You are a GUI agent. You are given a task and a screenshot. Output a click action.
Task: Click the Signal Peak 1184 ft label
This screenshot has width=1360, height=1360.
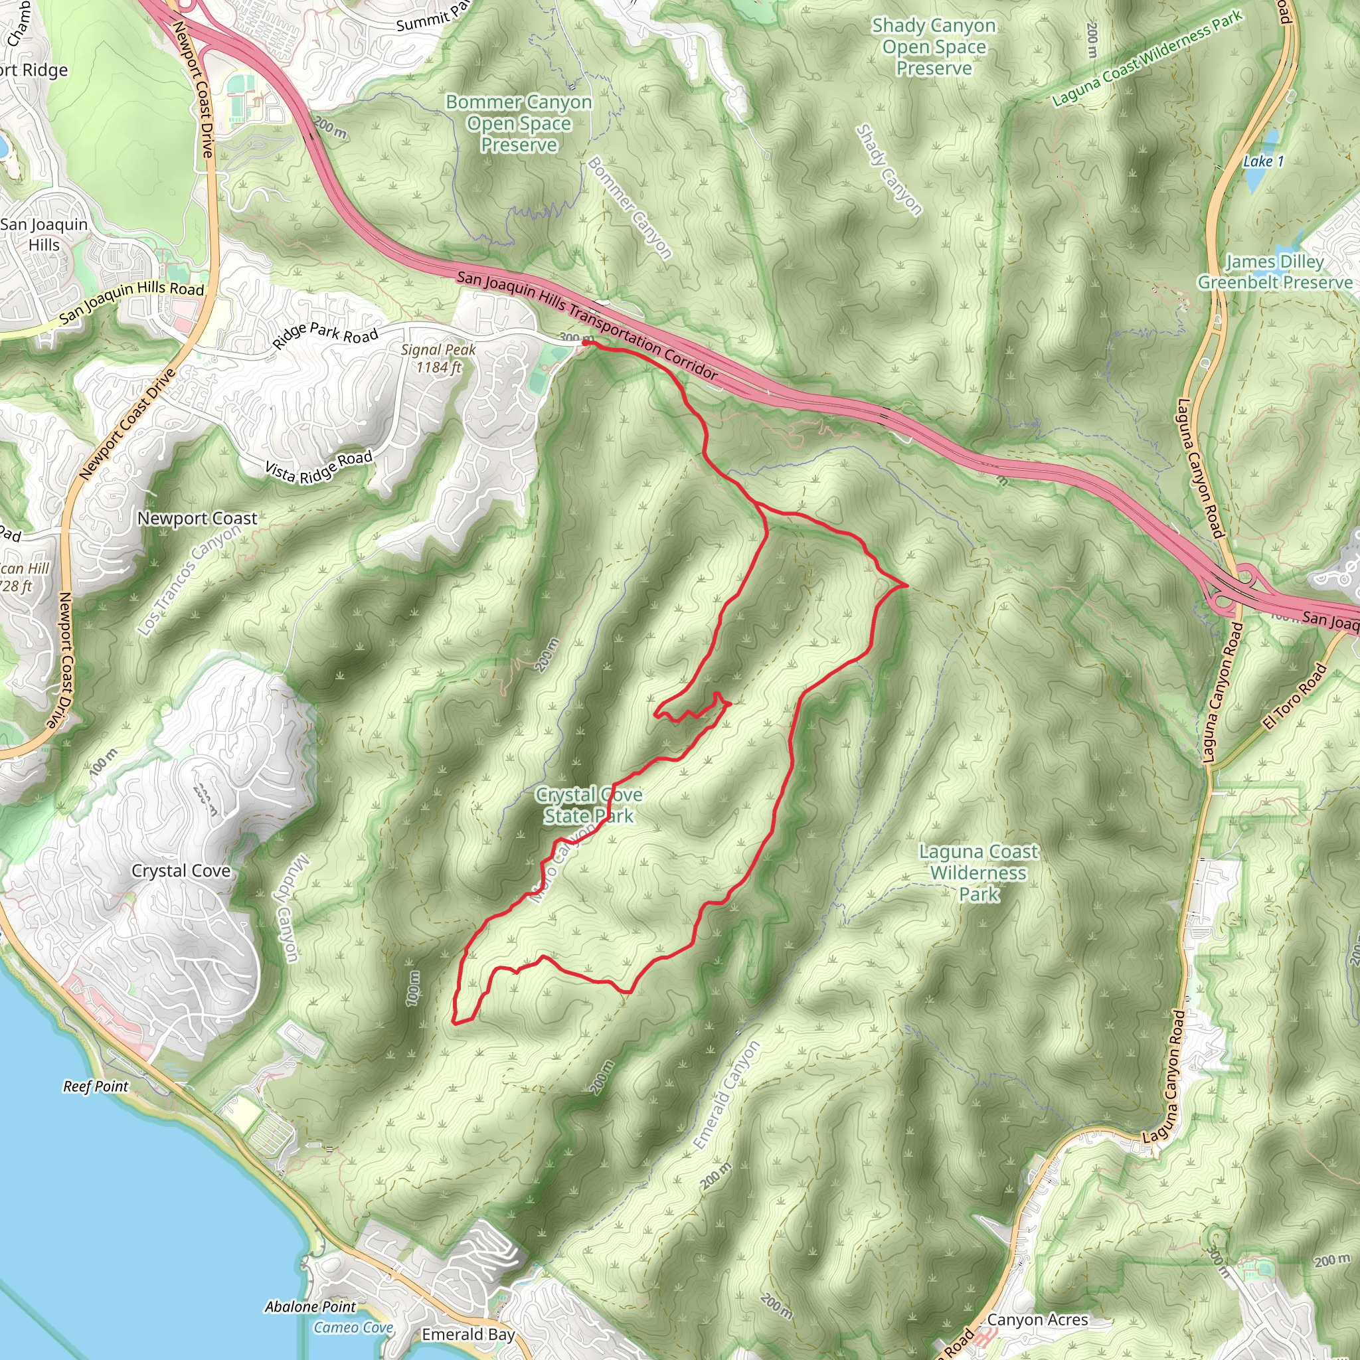tap(438, 359)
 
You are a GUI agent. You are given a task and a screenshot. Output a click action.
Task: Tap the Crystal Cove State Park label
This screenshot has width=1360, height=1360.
tap(588, 806)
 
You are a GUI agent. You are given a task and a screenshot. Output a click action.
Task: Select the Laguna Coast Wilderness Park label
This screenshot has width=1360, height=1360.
tap(978, 873)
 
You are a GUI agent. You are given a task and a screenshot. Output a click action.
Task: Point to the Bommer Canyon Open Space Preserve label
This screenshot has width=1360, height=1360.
tap(519, 124)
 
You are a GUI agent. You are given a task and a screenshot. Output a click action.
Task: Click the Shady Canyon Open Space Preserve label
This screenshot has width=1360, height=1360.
tap(934, 47)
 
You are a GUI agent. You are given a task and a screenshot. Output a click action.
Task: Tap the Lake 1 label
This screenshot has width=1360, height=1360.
tap(1263, 161)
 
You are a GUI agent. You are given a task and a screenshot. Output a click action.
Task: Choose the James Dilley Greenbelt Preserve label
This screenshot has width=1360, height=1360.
tap(1275, 272)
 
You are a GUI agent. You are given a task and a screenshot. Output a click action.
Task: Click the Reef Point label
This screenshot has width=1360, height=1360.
tap(96, 1086)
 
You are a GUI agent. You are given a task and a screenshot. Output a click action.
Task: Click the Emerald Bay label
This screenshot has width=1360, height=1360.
tap(468, 1335)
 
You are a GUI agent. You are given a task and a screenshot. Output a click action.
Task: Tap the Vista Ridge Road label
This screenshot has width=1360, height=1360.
tap(318, 467)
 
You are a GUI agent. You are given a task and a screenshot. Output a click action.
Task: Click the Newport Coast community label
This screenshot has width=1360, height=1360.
tap(197, 519)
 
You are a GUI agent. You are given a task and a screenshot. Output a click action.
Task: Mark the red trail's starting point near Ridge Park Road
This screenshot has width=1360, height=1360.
tap(585, 343)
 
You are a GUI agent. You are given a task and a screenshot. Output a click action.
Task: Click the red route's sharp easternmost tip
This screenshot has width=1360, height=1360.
tap(906, 585)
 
